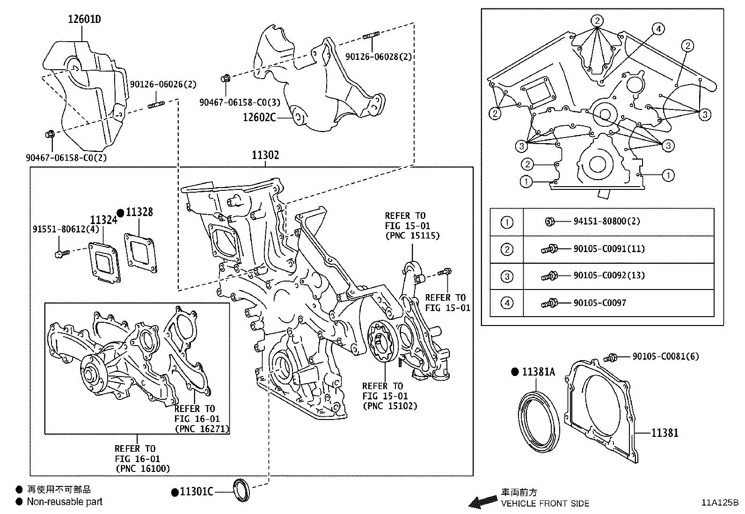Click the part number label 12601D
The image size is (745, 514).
(x=84, y=19)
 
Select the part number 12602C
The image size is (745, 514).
(x=259, y=117)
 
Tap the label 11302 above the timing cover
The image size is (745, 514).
(x=265, y=155)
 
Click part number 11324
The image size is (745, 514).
(x=103, y=220)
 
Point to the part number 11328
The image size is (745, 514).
(x=139, y=212)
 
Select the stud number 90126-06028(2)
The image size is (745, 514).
(x=379, y=57)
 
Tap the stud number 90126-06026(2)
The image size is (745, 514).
(x=163, y=85)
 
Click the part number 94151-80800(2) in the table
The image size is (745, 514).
(x=606, y=221)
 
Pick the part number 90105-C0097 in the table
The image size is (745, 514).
(x=599, y=303)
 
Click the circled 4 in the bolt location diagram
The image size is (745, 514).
(x=658, y=29)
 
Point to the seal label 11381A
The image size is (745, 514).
(x=539, y=372)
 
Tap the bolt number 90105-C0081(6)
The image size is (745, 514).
(x=665, y=356)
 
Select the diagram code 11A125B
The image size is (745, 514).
(x=719, y=503)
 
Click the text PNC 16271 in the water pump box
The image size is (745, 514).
(x=202, y=428)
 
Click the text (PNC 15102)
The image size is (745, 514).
(x=390, y=406)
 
